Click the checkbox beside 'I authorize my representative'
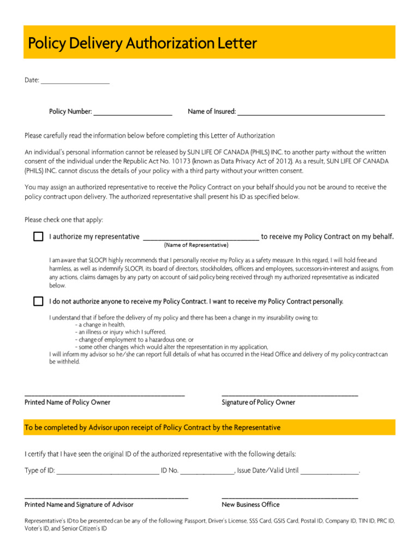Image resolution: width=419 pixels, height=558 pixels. [x=38, y=236]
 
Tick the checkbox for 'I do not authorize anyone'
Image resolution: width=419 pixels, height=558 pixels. [x=38, y=301]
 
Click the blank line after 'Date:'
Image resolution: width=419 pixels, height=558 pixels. [x=75, y=82]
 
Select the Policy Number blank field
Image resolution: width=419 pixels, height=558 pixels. [x=133, y=113]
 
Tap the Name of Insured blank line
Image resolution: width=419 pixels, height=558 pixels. [x=311, y=113]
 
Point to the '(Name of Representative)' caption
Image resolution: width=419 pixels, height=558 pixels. [x=196, y=245]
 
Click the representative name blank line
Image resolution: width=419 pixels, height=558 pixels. [x=201, y=238]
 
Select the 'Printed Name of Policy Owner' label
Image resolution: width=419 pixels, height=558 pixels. [x=67, y=402]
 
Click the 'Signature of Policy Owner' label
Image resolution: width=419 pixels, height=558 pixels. [x=259, y=402]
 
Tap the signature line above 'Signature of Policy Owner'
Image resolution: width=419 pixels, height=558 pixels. [x=290, y=395]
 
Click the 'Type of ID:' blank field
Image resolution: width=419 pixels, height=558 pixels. [x=107, y=472]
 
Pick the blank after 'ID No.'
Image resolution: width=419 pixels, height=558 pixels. [x=207, y=472]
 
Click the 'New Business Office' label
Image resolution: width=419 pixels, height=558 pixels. [x=250, y=505]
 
